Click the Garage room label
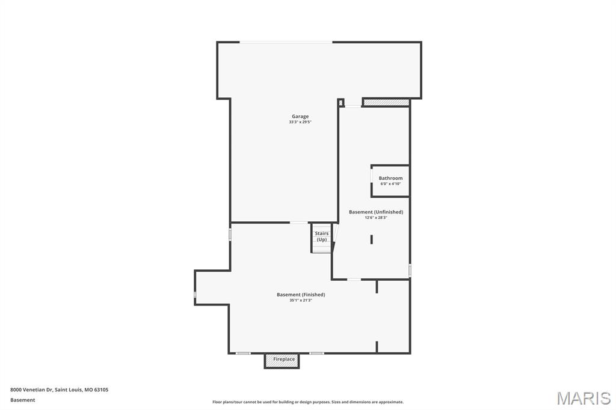(x=300, y=117)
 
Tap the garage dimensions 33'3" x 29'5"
(x=300, y=122)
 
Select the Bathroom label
(x=390, y=178)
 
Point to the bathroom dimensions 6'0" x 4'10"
(x=390, y=184)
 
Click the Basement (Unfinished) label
(x=376, y=212)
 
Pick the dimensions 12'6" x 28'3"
(x=376, y=218)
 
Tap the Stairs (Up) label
(x=322, y=236)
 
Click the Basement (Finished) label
(x=301, y=295)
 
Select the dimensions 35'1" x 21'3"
(x=301, y=300)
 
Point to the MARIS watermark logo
(x=584, y=398)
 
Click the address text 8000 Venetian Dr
(x=31, y=390)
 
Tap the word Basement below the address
(x=23, y=400)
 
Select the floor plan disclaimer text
(x=308, y=402)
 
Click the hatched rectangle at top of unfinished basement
(x=386, y=103)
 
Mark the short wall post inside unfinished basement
(x=372, y=239)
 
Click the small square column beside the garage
(x=340, y=102)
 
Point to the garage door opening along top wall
(x=286, y=42)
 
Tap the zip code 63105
(x=100, y=390)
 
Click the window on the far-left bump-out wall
(x=195, y=294)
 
